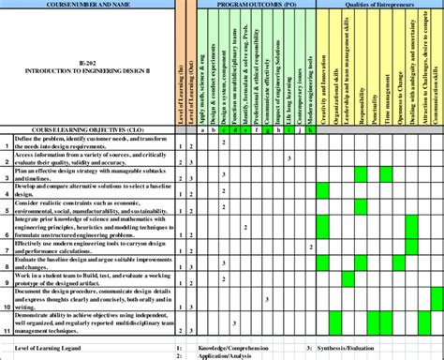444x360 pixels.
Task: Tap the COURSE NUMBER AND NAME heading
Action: coord(88,5)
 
